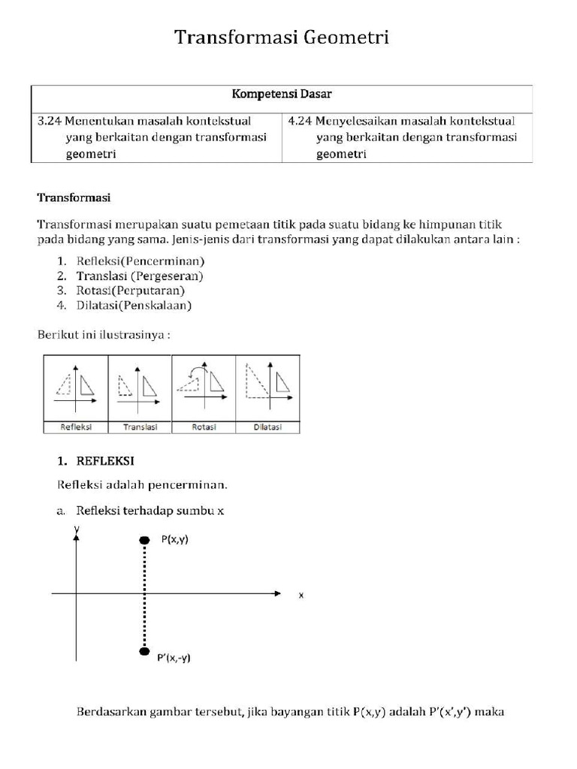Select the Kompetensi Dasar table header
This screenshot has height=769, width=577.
[282, 95]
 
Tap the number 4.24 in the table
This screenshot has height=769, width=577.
[301, 120]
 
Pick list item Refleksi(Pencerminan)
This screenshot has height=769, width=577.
[140, 261]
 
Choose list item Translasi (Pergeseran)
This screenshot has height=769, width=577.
[140, 276]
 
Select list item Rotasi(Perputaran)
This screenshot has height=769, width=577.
[131, 290]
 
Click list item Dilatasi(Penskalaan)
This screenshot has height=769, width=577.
[134, 305]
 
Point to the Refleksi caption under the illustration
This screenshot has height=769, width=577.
[77, 427]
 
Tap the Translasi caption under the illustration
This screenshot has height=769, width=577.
[140, 427]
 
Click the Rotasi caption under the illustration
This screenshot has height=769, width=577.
[204, 427]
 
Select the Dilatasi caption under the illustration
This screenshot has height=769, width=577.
[267, 427]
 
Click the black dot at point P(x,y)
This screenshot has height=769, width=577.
[144, 540]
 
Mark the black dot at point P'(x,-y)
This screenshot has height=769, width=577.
[144, 651]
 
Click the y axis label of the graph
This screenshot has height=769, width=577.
[76, 529]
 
